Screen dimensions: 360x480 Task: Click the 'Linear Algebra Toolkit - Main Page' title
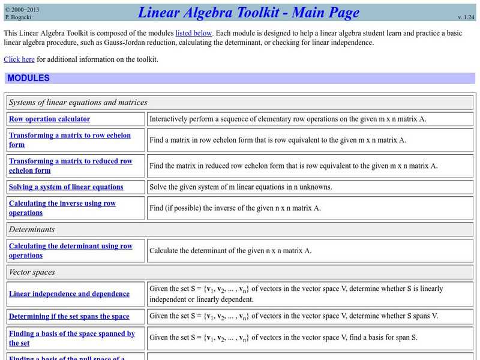coord(248,12)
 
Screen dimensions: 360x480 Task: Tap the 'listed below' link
coord(193,34)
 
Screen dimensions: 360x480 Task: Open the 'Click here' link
coord(19,59)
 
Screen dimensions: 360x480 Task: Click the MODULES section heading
coord(29,79)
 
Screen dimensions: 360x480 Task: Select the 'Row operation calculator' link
coord(49,119)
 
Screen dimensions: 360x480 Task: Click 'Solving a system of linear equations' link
coord(66,187)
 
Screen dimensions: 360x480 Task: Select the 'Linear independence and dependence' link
coord(69,294)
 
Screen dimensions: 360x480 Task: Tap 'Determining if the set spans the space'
coord(69,316)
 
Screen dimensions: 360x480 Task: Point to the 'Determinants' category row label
coord(32,229)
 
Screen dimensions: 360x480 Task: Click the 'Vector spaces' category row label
coord(32,272)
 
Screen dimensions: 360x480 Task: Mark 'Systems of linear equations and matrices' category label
coord(78,102)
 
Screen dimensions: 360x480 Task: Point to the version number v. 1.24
coord(466,18)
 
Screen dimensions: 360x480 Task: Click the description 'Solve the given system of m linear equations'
coord(240,187)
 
